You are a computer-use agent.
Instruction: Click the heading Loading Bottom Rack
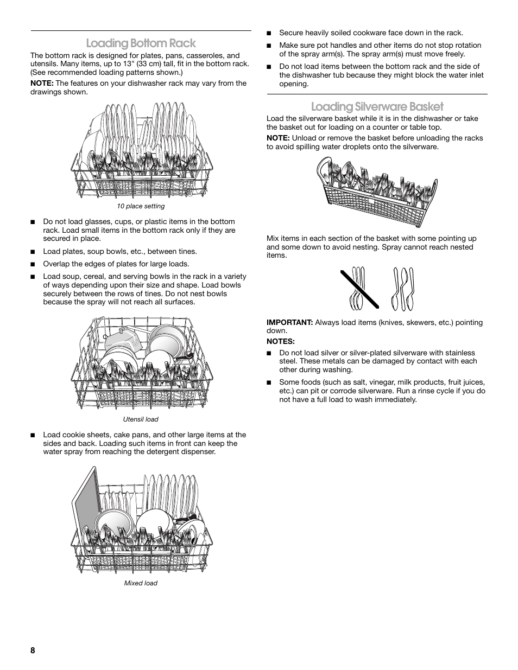[x=141, y=43]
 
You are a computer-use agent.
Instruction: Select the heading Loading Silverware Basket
[x=377, y=106]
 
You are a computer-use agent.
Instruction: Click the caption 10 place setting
[x=141, y=206]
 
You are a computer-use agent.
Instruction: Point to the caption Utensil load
[x=141, y=419]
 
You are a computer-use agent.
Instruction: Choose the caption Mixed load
[x=141, y=583]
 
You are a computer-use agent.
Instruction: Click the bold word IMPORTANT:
[x=289, y=322]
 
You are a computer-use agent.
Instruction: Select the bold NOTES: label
[x=280, y=341]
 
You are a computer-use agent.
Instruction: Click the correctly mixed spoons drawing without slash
[x=402, y=289]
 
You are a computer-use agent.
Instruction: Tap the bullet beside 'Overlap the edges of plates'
[x=33, y=264]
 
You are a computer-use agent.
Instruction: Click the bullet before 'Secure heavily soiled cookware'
[x=268, y=33]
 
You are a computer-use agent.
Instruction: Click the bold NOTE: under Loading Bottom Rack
[x=42, y=84]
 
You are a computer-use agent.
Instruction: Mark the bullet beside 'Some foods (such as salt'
[x=268, y=382]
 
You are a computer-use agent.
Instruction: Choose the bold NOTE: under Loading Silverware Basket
[x=278, y=138]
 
